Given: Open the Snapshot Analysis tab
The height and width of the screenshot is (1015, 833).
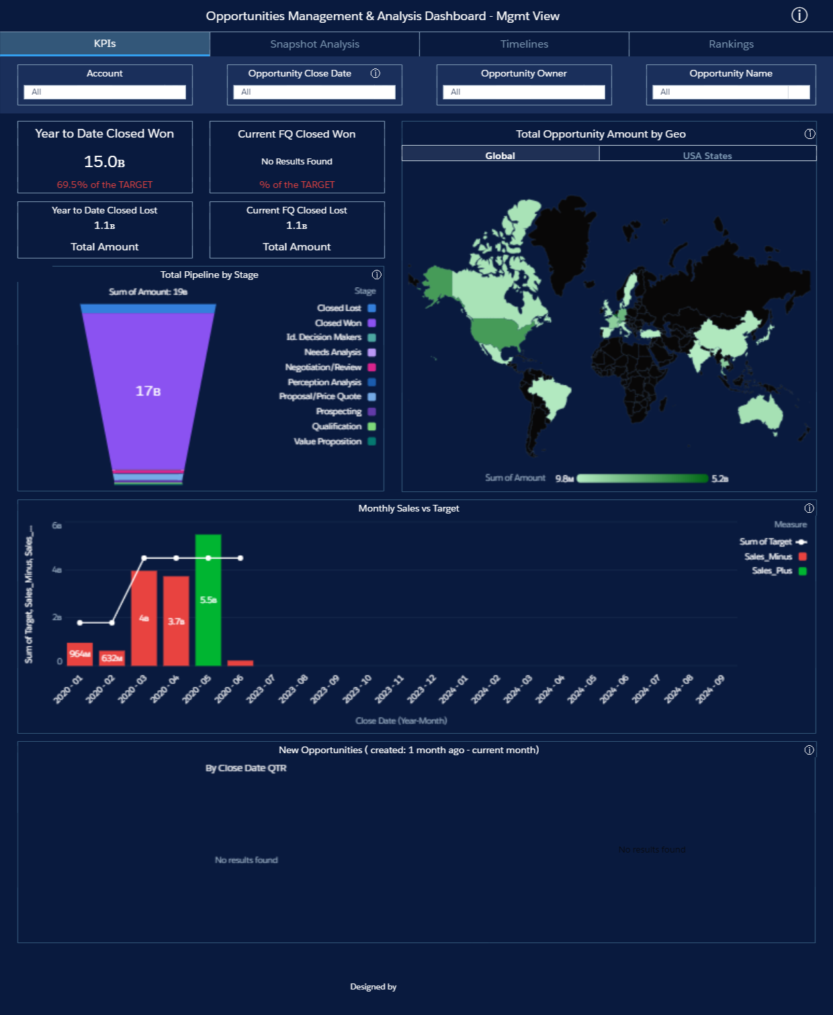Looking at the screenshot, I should (314, 44).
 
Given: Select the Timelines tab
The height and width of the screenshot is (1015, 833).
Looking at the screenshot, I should (524, 44).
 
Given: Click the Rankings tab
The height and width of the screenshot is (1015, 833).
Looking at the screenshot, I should (731, 44).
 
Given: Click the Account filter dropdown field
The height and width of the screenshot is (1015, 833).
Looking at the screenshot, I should (105, 92).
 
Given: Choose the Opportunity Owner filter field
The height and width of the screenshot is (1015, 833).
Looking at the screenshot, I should (524, 92).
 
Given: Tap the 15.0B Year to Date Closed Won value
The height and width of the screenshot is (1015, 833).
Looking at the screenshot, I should (105, 162).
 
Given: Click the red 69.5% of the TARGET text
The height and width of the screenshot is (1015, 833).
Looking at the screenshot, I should (105, 185).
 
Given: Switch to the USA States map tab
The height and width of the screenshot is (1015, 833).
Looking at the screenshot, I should (707, 155).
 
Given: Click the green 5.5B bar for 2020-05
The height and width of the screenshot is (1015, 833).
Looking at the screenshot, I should (208, 599).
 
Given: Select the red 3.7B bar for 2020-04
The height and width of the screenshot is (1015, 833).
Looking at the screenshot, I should (176, 621).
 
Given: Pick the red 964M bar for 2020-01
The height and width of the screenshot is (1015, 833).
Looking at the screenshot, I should (80, 654).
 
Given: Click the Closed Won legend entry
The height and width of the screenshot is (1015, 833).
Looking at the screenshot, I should (339, 323).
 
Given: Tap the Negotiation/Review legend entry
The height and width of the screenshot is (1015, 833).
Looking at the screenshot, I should (324, 367).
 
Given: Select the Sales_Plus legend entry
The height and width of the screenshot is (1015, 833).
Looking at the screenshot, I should (773, 571).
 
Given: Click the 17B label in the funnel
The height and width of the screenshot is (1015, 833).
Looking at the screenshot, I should (148, 391).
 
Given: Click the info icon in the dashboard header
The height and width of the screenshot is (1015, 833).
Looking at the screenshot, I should (799, 15).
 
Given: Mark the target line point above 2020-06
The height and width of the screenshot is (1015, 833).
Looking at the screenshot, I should (240, 558).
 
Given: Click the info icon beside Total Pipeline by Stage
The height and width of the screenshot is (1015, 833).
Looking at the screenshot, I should (376, 275).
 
